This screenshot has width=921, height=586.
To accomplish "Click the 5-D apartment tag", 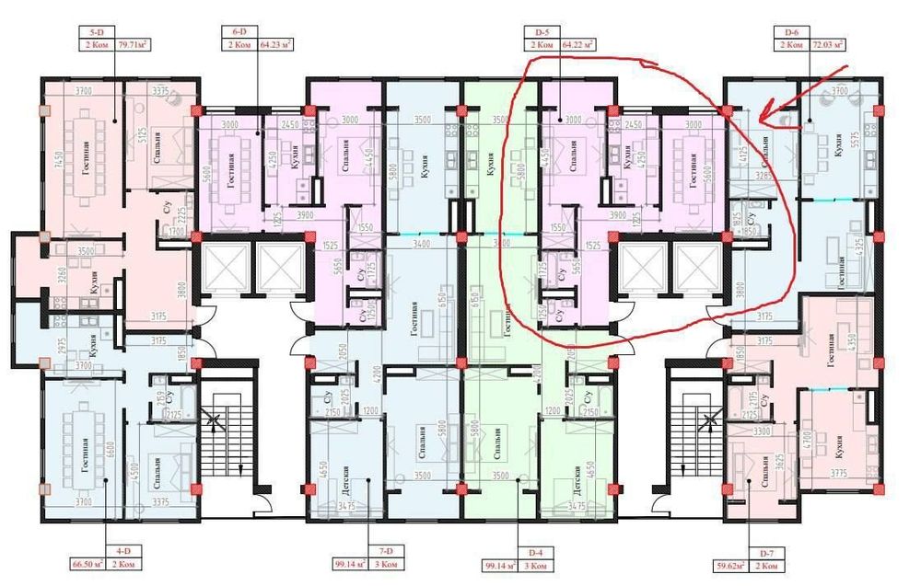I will coord(95,32).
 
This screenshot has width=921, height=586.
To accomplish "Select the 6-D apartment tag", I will coord(239,32).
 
